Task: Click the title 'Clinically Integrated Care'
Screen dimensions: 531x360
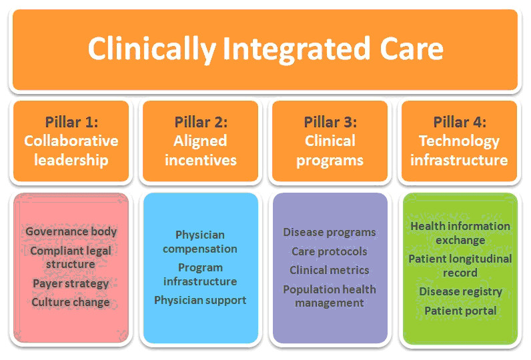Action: (x=265, y=49)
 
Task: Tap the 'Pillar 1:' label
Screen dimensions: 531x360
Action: (x=71, y=122)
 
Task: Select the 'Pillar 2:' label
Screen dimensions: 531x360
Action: (x=201, y=122)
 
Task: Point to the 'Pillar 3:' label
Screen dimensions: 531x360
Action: (x=330, y=122)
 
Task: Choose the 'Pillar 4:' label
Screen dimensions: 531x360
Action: (x=460, y=122)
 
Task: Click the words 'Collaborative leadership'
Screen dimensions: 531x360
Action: (x=71, y=151)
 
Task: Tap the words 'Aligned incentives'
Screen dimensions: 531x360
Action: (x=201, y=151)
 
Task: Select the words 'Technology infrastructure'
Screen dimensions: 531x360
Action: (x=459, y=151)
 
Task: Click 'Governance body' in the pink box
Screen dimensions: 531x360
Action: (x=71, y=231)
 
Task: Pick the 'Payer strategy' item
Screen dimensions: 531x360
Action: (x=71, y=283)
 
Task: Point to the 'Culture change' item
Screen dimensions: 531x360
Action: (x=71, y=302)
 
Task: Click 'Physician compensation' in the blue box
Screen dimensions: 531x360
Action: (x=200, y=242)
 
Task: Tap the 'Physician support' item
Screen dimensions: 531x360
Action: (x=200, y=300)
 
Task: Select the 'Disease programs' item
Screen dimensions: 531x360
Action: (x=329, y=232)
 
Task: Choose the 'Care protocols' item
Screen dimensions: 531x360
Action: (x=329, y=251)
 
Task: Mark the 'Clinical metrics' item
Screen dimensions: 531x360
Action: (x=329, y=270)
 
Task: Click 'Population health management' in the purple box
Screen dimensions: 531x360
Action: (x=330, y=296)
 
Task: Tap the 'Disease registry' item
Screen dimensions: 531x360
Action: (x=460, y=291)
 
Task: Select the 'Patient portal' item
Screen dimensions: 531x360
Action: (x=460, y=311)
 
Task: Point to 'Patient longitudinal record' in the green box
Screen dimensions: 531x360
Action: (x=460, y=265)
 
